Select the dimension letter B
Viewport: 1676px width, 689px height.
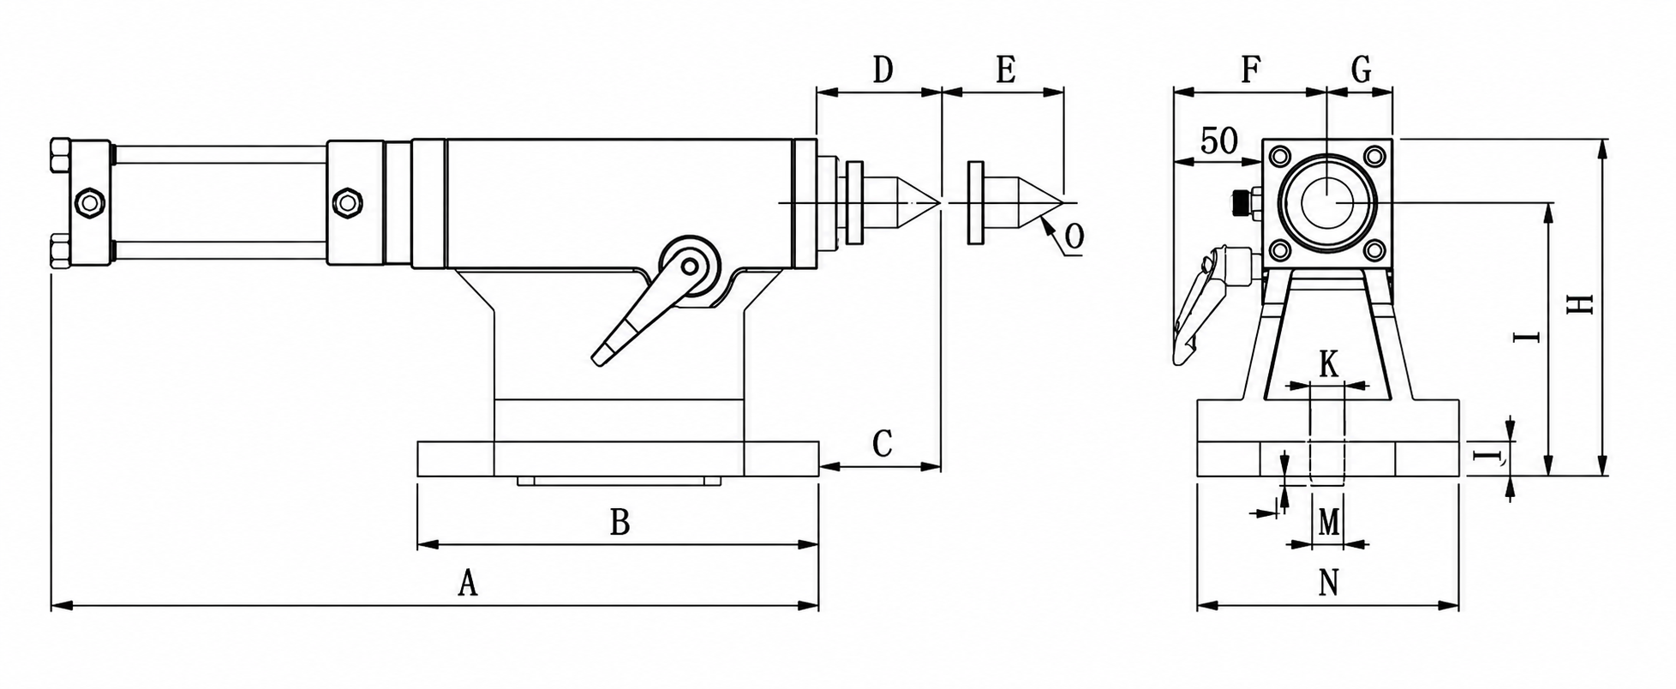620,521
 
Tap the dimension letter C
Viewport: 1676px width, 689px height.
883,444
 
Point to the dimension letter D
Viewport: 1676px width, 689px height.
883,69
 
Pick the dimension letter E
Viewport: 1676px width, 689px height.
1006,69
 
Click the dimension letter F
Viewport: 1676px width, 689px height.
1251,69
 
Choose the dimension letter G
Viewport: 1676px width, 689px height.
1361,69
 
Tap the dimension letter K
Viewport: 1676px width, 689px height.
1328,364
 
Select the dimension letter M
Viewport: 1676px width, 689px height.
1328,521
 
